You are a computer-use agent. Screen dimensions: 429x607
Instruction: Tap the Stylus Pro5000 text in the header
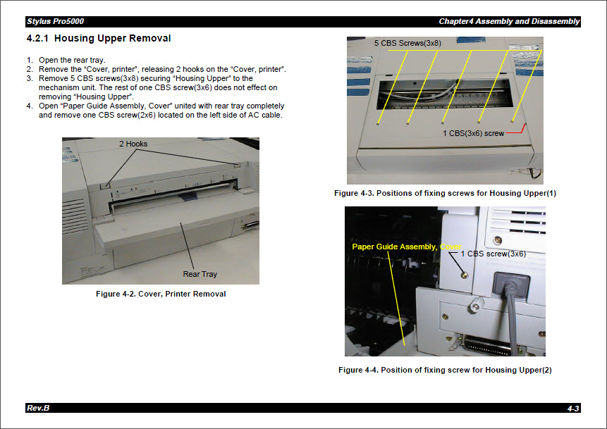tap(55, 22)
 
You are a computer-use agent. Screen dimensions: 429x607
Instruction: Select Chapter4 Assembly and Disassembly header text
tap(508, 22)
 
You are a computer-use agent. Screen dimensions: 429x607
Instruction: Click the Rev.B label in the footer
tap(38, 408)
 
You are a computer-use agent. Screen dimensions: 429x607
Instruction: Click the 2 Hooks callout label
tap(133, 144)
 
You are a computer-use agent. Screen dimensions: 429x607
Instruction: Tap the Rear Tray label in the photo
tap(200, 274)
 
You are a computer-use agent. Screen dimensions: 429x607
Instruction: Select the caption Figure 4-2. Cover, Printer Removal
tap(161, 294)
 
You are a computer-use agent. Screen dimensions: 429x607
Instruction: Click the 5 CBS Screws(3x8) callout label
tap(407, 44)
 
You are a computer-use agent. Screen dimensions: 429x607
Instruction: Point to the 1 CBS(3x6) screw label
tap(473, 133)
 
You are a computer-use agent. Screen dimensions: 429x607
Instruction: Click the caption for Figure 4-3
tap(445, 193)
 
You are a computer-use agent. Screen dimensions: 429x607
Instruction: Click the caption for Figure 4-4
tap(445, 370)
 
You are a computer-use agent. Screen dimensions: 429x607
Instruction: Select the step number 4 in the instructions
tap(30, 106)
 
